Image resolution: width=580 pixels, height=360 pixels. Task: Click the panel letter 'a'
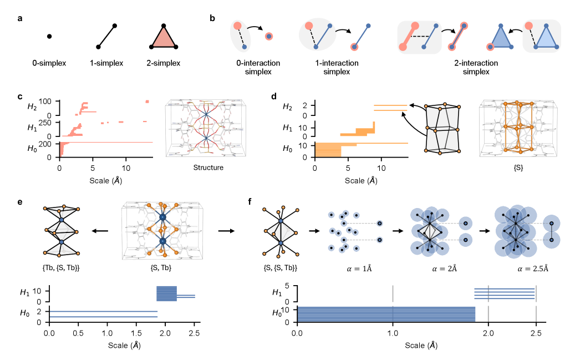pyautogui.click(x=20, y=18)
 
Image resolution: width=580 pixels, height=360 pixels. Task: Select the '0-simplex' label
pyautogui.click(x=49, y=63)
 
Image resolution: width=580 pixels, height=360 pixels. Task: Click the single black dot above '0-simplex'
pyautogui.click(x=49, y=37)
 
